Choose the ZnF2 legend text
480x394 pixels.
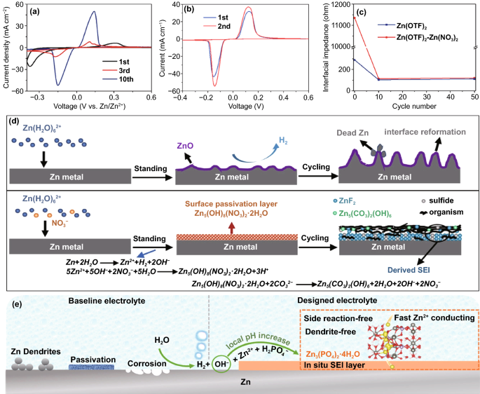click(358, 201)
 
